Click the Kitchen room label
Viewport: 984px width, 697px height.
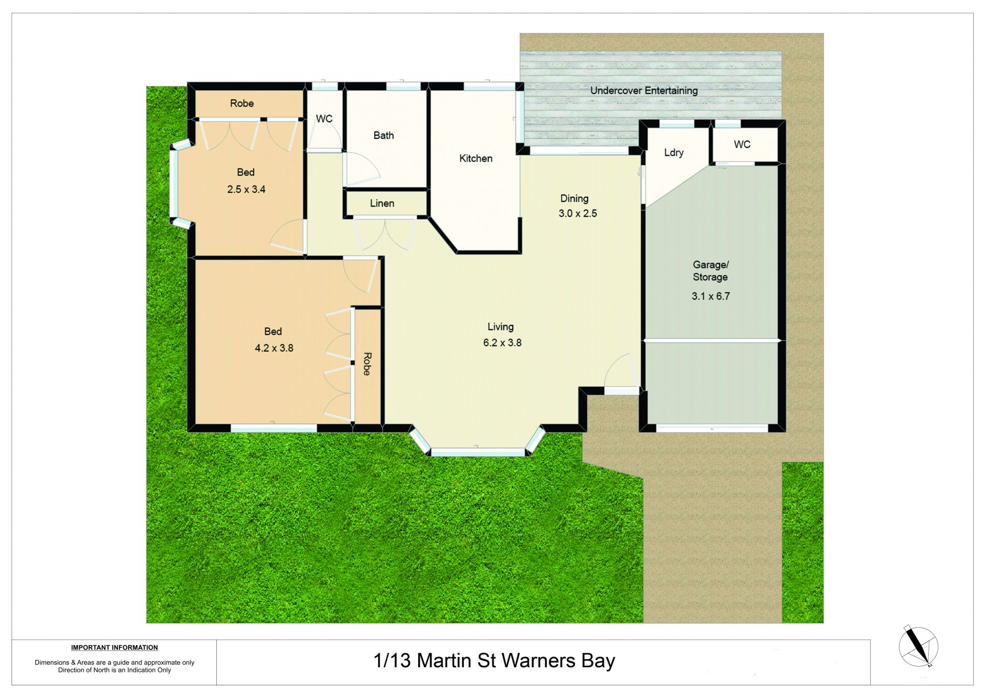[476, 158]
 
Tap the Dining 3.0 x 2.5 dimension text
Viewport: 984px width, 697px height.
[578, 213]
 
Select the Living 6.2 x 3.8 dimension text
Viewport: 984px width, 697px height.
[502, 342]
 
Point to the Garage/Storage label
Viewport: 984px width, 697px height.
[710, 271]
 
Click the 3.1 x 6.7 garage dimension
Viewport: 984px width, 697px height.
[711, 296]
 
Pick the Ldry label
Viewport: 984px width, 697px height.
[674, 153]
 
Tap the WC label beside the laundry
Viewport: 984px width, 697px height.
[742, 145]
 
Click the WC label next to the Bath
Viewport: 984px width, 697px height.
[324, 119]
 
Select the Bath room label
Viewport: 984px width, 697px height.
[383, 135]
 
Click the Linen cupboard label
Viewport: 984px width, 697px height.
[382, 203]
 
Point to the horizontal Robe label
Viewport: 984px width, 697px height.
[242, 104]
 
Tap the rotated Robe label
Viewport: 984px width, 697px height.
[367, 364]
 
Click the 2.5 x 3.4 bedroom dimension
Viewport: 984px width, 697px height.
[246, 189]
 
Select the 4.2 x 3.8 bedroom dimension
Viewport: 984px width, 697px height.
[274, 348]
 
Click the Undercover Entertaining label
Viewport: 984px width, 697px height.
[644, 91]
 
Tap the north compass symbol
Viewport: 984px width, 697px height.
[918, 646]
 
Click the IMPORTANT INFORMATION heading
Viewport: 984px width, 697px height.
[114, 648]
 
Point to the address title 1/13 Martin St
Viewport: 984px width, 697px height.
[494, 661]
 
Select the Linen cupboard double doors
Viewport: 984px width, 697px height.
[384, 234]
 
